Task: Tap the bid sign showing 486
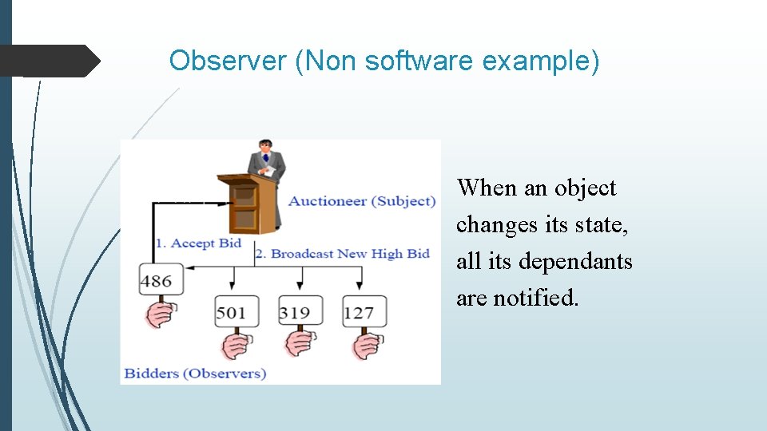[x=156, y=280]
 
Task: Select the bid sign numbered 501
[x=232, y=311]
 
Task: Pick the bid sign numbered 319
[x=295, y=311]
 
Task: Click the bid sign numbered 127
[x=359, y=311]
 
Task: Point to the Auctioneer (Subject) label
[x=362, y=201]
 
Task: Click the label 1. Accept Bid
[x=198, y=243]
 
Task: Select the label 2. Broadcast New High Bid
[x=342, y=254]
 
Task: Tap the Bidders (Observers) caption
[x=195, y=373]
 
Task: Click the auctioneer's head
[x=264, y=148]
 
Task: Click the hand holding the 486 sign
[x=159, y=313]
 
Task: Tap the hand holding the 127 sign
[x=368, y=345]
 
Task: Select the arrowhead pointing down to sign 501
[x=232, y=285]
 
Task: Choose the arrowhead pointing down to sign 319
[x=300, y=285]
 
